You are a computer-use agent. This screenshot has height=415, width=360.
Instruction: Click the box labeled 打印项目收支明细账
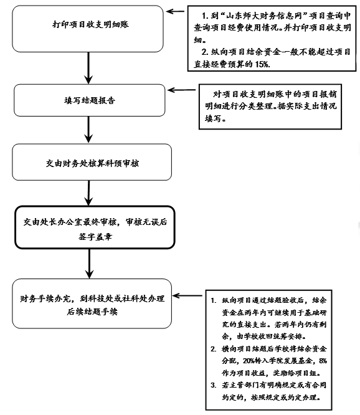pyautogui.click(x=88, y=29)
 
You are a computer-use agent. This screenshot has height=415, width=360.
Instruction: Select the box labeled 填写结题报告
pyautogui.click(x=90, y=100)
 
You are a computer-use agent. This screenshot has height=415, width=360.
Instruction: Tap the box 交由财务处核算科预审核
pyautogui.click(x=92, y=162)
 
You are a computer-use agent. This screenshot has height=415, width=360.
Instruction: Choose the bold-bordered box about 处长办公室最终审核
pyautogui.click(x=95, y=227)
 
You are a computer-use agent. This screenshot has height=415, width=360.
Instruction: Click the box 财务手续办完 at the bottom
pyautogui.click(x=92, y=303)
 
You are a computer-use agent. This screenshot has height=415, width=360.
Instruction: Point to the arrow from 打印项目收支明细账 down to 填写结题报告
pyautogui.click(x=88, y=68)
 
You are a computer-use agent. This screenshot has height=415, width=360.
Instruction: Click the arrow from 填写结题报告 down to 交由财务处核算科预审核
pyautogui.click(x=88, y=130)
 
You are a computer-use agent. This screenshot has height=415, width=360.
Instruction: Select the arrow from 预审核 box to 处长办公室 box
pyautogui.click(x=88, y=193)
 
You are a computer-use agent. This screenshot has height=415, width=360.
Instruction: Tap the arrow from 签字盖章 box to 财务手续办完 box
pyautogui.click(x=90, y=264)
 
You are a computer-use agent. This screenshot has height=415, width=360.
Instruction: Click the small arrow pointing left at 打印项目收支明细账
pyautogui.click(x=175, y=11)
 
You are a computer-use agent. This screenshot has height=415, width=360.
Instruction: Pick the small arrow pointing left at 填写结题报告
pyautogui.click(x=182, y=90)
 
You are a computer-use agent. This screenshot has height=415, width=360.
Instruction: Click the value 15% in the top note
pyautogui.click(x=262, y=64)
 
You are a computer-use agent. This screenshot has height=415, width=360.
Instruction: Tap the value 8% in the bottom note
pyautogui.click(x=323, y=361)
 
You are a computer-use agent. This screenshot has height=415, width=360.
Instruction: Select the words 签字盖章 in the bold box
pyautogui.click(x=95, y=236)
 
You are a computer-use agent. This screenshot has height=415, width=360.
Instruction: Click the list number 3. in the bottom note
pyautogui.click(x=214, y=385)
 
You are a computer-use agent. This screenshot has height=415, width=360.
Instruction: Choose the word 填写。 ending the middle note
pyautogui.click(x=216, y=118)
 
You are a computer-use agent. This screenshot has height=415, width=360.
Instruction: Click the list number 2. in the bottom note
pyautogui.click(x=214, y=349)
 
